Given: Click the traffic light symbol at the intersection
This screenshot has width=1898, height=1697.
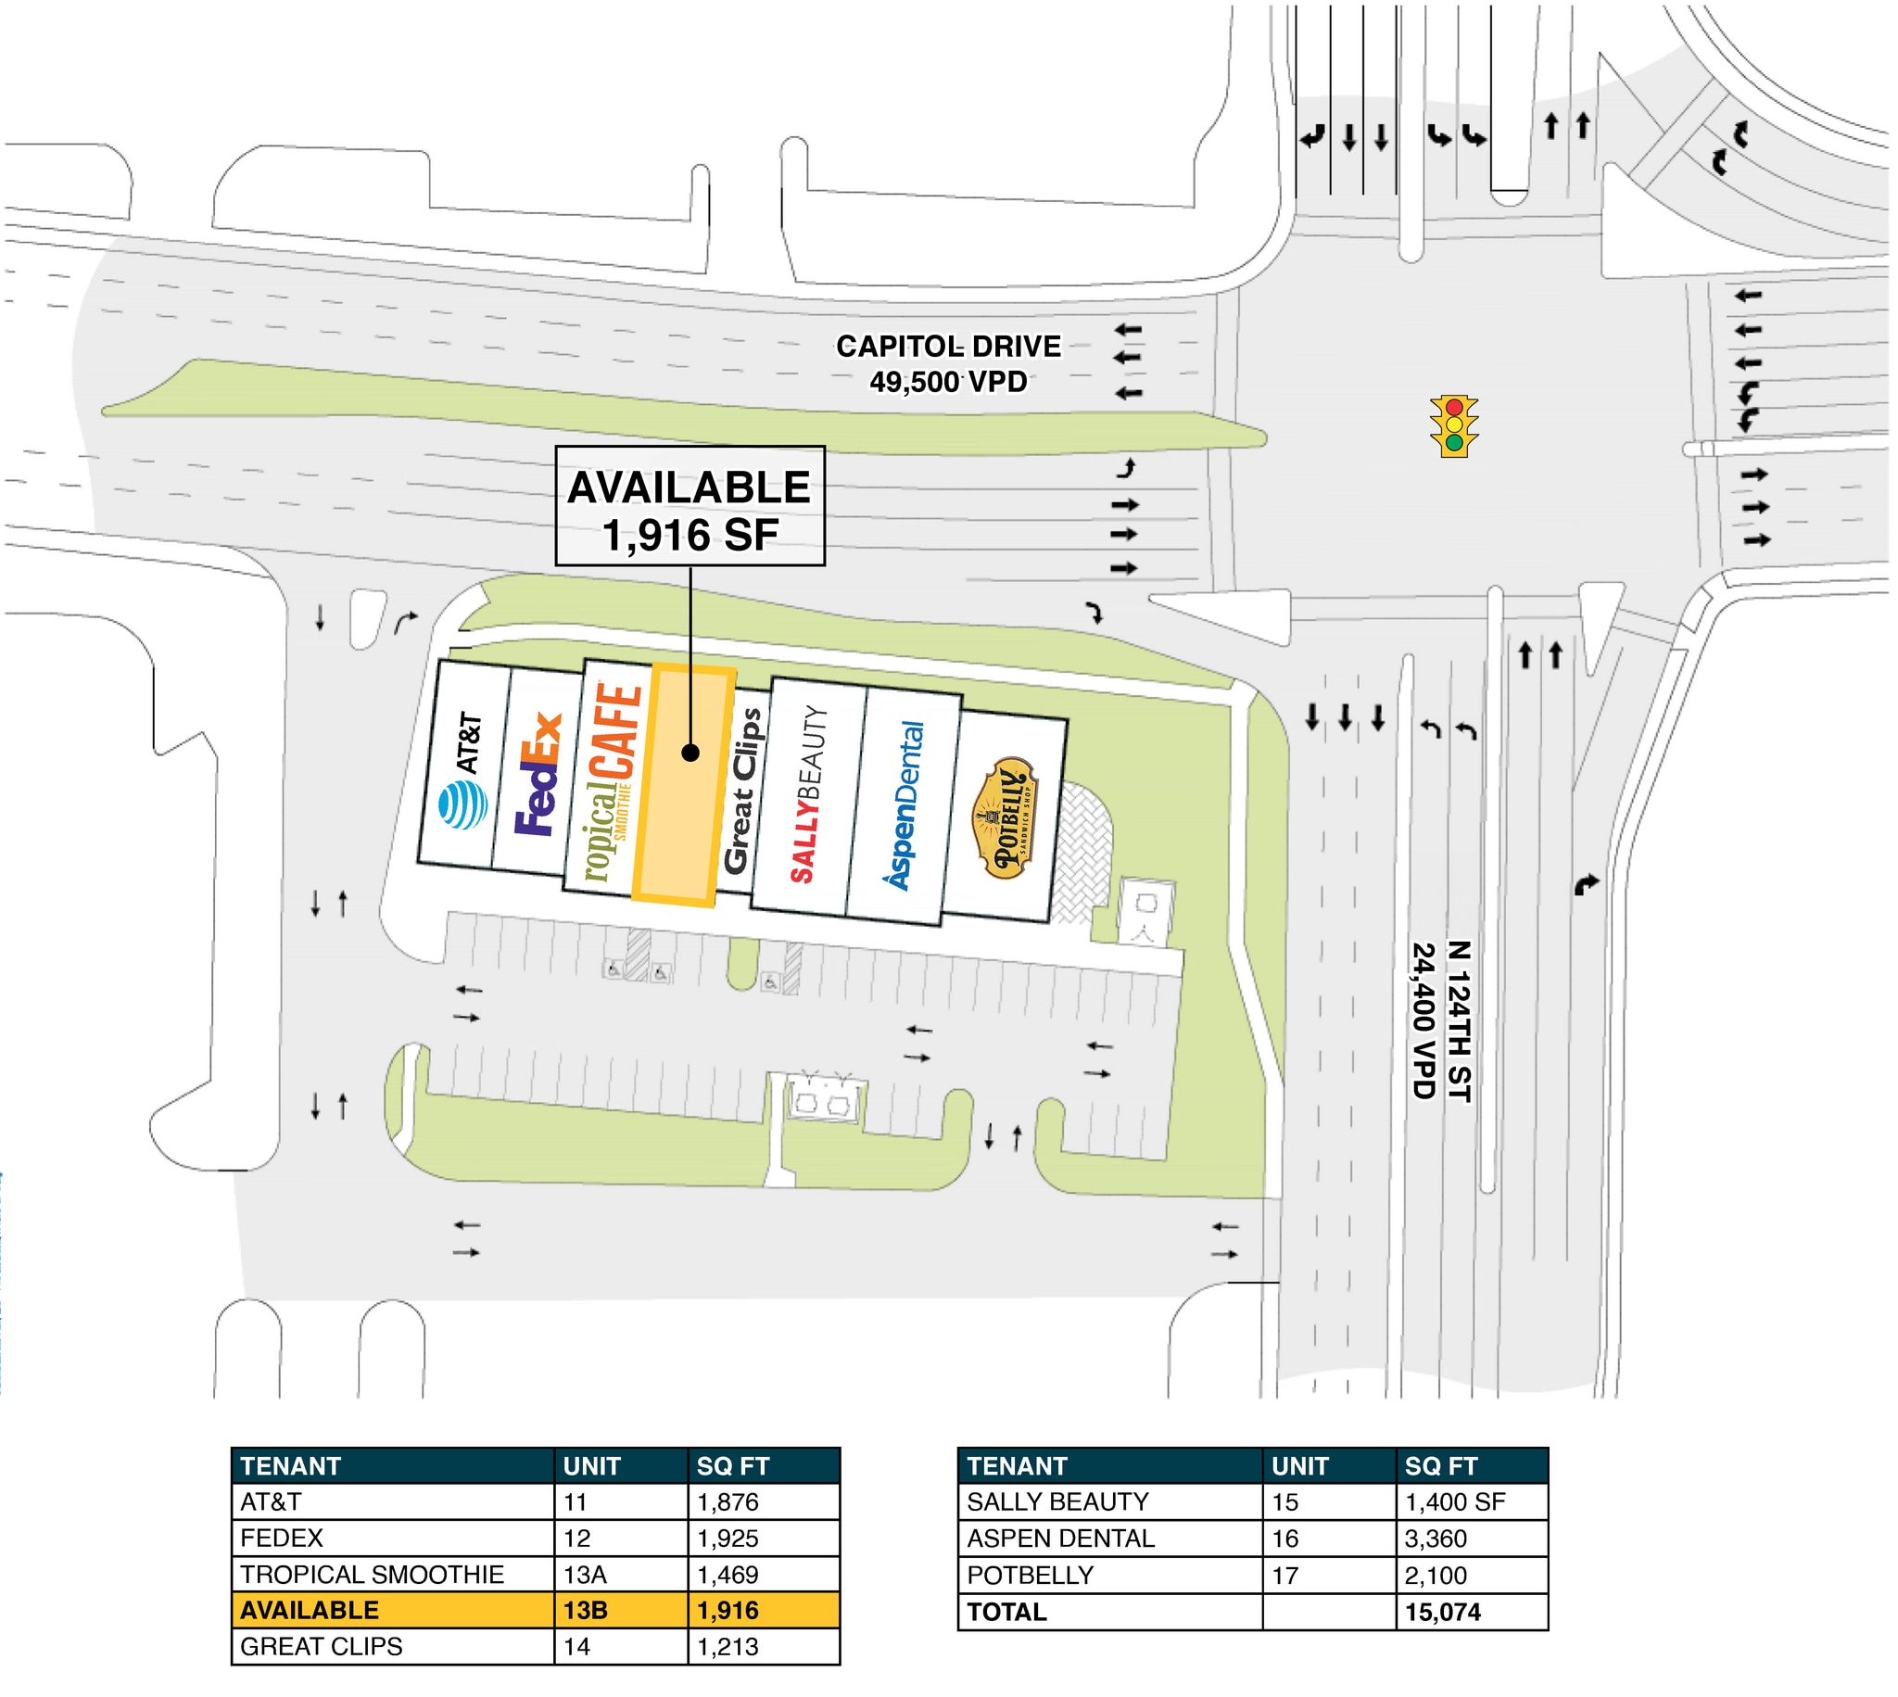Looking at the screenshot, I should (x=1453, y=426).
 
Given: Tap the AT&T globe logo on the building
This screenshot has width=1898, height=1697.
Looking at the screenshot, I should (x=462, y=805).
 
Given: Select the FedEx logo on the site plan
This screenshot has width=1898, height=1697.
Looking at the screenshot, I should (x=539, y=775).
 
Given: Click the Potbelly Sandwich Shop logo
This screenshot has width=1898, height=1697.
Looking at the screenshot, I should (x=1003, y=817).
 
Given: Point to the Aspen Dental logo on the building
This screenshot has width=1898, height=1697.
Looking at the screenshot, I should (x=905, y=804).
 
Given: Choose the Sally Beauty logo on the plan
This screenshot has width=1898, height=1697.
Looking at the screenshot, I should (x=808, y=794).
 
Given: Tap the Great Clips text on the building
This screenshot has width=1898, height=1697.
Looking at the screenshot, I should (x=742, y=791).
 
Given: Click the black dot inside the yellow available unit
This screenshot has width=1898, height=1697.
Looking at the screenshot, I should (x=690, y=753).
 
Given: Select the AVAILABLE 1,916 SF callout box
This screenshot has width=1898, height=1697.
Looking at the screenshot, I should (x=690, y=506).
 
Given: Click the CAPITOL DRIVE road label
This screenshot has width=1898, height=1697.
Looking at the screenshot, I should (x=948, y=347).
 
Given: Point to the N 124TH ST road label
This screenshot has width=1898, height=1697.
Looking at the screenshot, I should (x=1458, y=1021).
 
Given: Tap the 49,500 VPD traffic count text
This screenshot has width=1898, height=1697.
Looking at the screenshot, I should (x=948, y=382).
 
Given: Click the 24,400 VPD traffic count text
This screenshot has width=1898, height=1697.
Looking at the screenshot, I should (x=1423, y=1021).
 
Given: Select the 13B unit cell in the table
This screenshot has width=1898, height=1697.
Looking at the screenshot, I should (x=620, y=1610).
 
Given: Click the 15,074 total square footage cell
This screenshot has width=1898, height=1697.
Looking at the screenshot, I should (x=1470, y=1611).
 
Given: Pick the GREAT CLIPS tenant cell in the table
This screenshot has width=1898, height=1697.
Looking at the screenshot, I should (x=391, y=1647).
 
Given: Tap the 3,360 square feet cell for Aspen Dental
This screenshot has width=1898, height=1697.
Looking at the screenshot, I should (x=1470, y=1539).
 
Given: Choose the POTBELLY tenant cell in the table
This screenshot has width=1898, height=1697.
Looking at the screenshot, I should (x=1109, y=1575).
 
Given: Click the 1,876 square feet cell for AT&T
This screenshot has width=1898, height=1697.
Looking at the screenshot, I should (x=763, y=1502).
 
